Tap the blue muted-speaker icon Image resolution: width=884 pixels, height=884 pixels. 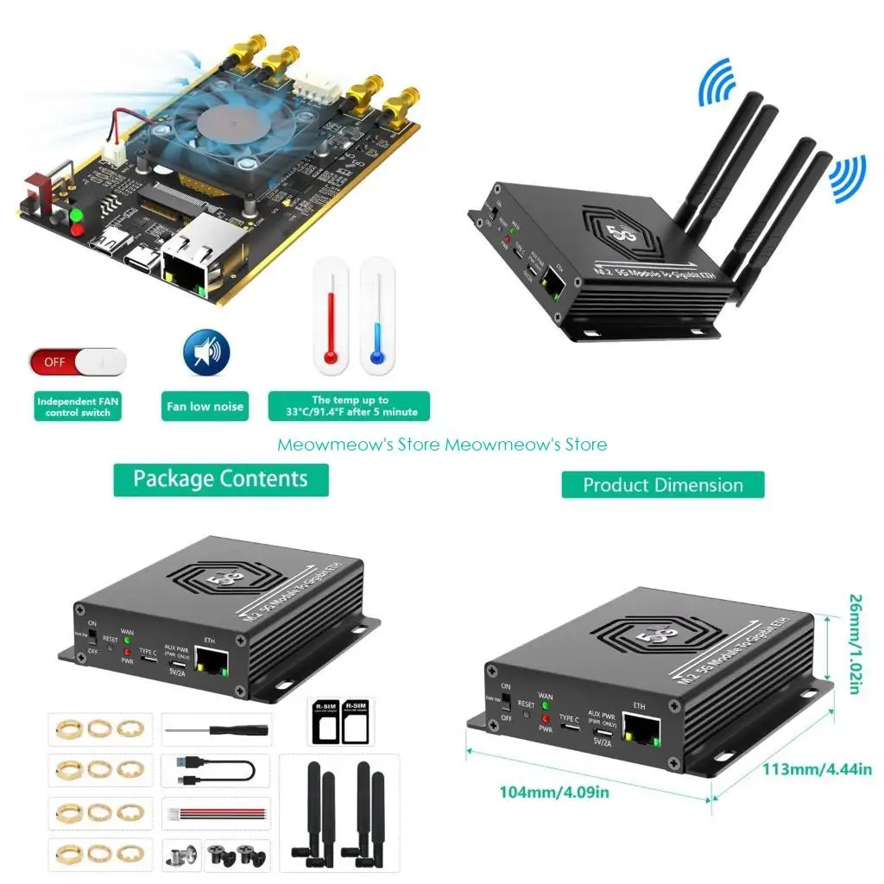206,352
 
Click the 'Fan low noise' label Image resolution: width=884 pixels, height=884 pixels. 205,407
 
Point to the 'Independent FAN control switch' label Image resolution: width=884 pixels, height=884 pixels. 79,407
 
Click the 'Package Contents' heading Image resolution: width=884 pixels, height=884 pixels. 221,480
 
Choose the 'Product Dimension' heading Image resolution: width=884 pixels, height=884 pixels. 663,485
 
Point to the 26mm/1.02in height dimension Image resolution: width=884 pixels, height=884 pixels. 854,643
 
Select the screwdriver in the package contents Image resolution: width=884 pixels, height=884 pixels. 217,729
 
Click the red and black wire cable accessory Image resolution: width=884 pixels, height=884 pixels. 216,812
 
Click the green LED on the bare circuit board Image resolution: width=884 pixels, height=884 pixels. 76,215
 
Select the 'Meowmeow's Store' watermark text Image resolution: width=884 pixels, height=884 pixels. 442,445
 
